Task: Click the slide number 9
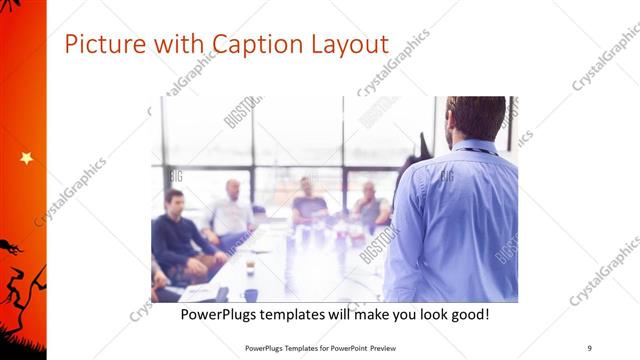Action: click(x=589, y=348)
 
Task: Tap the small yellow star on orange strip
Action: click(x=26, y=158)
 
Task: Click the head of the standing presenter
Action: click(x=476, y=117)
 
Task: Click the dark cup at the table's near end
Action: click(x=249, y=294)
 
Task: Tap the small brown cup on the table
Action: click(x=250, y=265)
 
